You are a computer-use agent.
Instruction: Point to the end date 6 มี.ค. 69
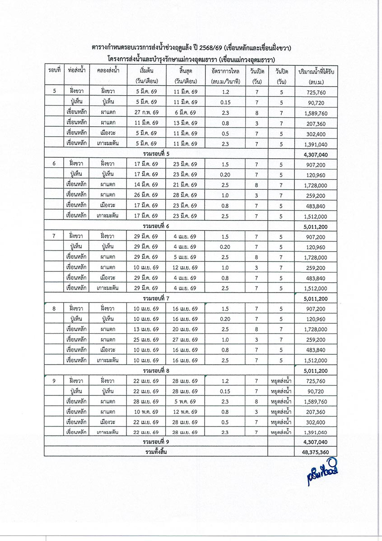pos(185,113)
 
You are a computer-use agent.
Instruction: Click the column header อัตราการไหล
pos(225,72)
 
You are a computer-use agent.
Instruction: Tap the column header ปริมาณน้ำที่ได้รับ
pos(316,72)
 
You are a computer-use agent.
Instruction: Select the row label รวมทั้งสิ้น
pos(156,451)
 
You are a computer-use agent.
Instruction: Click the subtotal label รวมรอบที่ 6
pos(156,225)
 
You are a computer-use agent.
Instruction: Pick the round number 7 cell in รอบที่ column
pos(54,236)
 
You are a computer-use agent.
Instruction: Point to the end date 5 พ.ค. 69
pos(185,401)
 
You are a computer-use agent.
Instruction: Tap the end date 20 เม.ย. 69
pos(185,329)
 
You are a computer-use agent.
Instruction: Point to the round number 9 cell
pos(54,381)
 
